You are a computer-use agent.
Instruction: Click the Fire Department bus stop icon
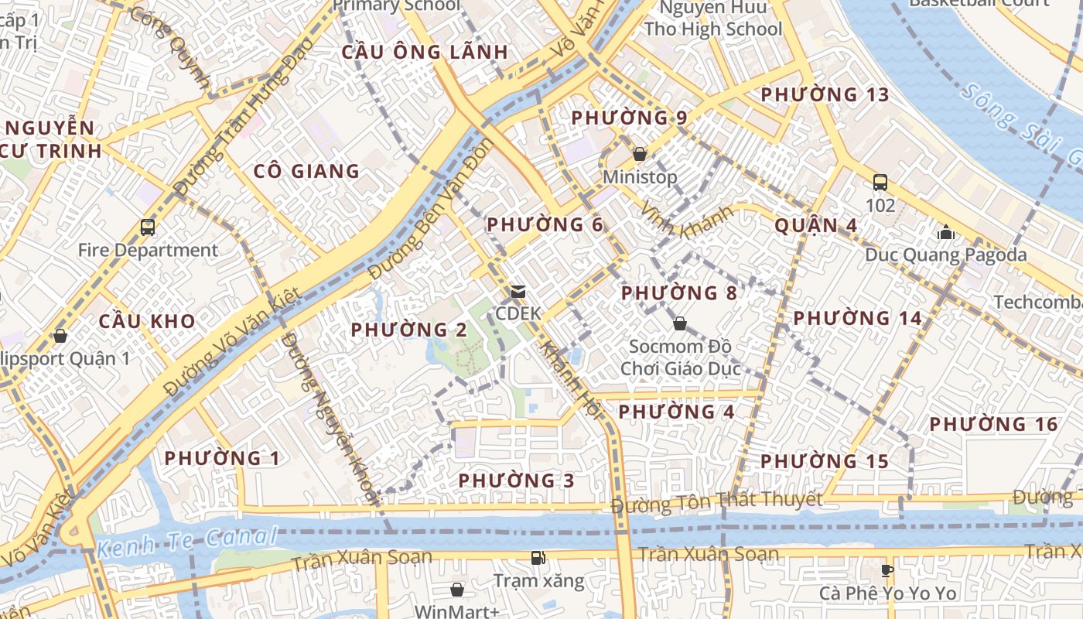148,227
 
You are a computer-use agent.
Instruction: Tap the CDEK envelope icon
518,292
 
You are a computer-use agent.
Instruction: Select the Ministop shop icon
640,154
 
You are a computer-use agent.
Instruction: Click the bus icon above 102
880,183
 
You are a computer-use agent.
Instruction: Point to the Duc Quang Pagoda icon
945,231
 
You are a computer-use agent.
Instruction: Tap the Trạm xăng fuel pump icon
538,557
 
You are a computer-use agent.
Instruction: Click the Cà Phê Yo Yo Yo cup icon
887,571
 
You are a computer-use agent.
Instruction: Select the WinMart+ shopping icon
457,590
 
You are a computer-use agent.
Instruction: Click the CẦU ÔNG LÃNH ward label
425,53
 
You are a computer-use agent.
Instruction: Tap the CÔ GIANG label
307,171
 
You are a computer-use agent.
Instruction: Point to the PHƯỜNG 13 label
825,94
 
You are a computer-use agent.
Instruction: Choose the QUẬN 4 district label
816,225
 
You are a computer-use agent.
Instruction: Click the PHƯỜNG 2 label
409,330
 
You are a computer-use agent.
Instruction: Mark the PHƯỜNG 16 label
993,424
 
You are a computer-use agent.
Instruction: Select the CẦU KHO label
147,321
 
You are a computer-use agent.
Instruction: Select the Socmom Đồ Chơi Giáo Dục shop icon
680,323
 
